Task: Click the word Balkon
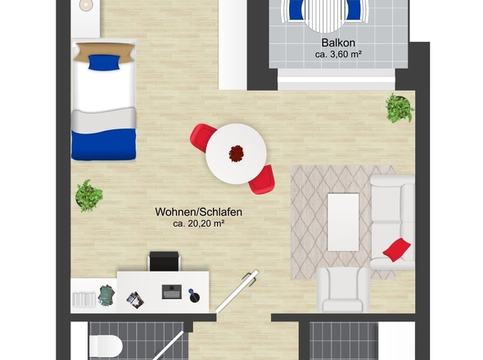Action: (338, 43)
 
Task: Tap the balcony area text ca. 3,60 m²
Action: (338, 55)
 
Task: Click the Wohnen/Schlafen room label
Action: (198, 212)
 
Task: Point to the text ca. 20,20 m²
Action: (198, 223)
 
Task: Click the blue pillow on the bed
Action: (104, 62)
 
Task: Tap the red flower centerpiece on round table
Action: (237, 153)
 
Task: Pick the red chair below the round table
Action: (262, 180)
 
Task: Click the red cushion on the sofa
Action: (397, 249)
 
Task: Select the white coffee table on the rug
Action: (343, 222)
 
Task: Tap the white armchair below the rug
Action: (343, 290)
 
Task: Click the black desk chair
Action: (164, 261)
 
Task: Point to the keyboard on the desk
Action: (172, 292)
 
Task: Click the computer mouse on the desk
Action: (194, 296)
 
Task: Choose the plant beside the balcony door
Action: (399, 108)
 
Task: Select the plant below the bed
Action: (88, 196)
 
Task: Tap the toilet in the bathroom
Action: (106, 346)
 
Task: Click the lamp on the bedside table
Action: (86, 5)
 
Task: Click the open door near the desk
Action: (237, 291)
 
